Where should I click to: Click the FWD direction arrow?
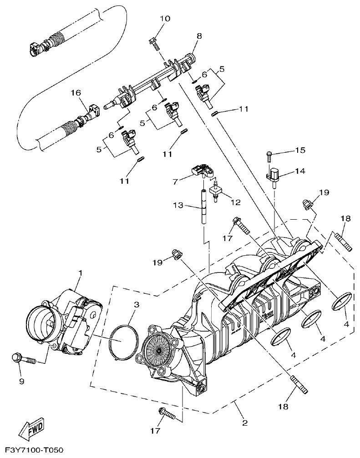32,428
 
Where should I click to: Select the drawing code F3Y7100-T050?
31,450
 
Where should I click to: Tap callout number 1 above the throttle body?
80,273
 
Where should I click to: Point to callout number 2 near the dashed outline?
245,423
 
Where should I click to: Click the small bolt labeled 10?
153,44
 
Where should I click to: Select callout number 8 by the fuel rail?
198,35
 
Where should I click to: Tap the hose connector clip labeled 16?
94,111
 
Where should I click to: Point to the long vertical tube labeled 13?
203,207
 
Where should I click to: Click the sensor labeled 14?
274,175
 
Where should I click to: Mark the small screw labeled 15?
269,155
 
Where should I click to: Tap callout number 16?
76,92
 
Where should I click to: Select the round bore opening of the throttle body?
42,324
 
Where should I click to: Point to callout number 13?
178,206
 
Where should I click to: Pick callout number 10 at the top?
164,19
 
